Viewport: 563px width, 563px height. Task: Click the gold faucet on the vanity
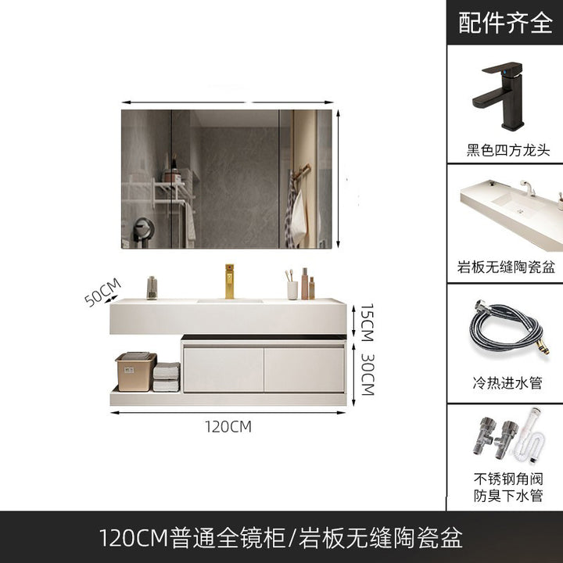tap(229, 281)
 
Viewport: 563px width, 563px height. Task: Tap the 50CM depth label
tap(102, 292)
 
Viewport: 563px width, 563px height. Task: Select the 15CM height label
tap(367, 322)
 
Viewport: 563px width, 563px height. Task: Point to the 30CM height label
tap(368, 375)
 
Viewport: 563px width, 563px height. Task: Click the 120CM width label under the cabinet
tap(228, 427)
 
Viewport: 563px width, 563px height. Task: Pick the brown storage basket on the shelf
tap(136, 371)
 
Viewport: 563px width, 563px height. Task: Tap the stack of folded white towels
tap(167, 377)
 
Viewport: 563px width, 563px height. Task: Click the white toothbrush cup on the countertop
tap(292, 290)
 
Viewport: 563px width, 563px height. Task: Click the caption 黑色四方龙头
tap(507, 150)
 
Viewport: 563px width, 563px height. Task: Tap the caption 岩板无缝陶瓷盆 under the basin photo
tap(506, 267)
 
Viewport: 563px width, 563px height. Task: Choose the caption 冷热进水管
tap(507, 382)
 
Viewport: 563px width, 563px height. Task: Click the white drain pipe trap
tap(530, 437)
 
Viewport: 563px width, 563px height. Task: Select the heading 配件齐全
tap(505, 23)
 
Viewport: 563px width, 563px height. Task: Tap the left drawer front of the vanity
tap(224, 370)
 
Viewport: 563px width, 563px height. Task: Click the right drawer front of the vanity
tap(304, 370)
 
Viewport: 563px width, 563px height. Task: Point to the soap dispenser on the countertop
tap(152, 288)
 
